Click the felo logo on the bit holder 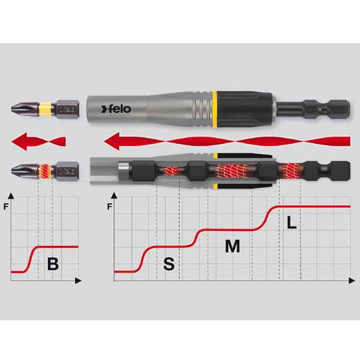116,109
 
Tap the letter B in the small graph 53,264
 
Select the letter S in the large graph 169,264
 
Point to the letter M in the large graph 232,246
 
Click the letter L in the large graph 292,223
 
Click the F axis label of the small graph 6,207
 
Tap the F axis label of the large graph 110,207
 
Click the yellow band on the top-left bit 45,109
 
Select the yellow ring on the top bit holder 215,109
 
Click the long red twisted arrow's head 112,141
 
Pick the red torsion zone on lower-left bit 45,171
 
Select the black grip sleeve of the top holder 245,109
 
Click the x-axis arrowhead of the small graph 78,281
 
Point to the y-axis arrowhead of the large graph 114,196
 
